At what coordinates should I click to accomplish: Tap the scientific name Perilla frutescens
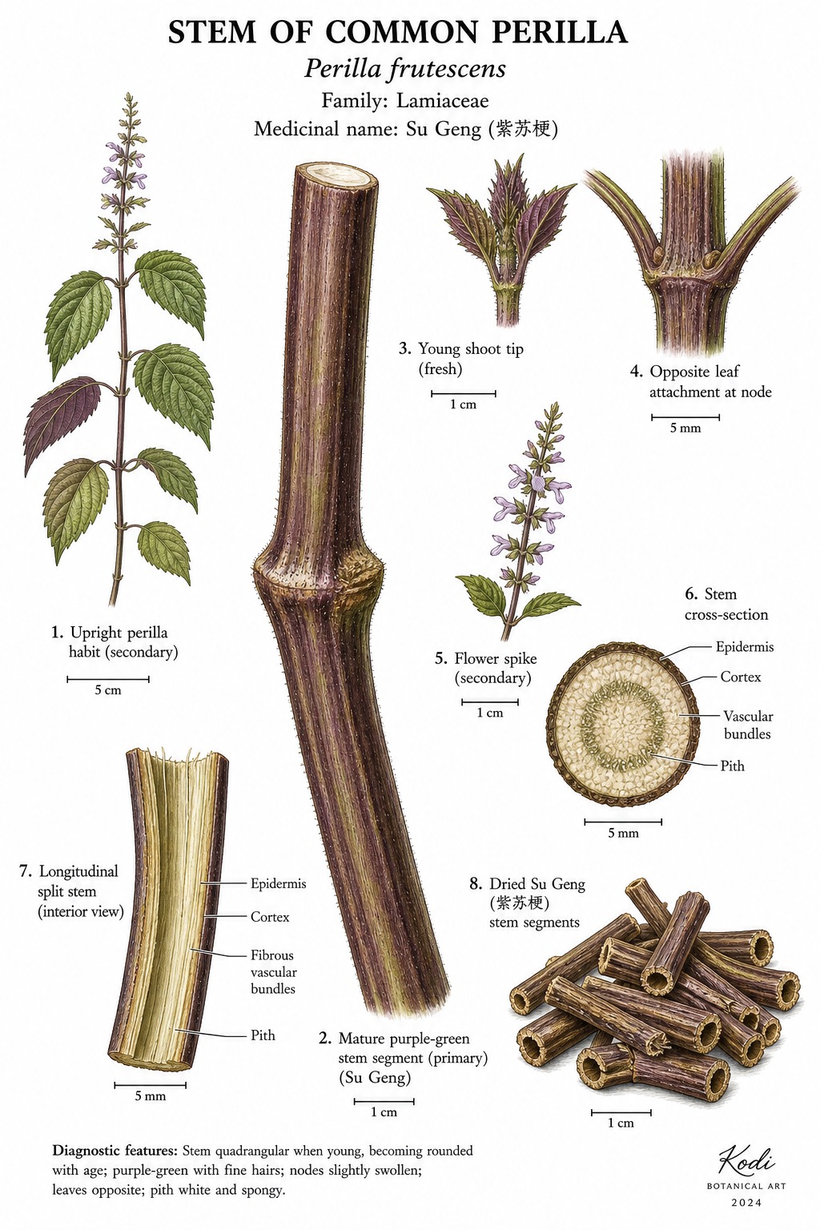[404, 70]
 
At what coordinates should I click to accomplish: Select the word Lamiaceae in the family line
[442, 101]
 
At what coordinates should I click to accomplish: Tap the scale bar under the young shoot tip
[464, 393]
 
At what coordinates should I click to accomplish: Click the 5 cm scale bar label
[107, 690]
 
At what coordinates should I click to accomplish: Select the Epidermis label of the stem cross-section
[744, 647]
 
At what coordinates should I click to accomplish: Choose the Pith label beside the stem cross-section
[732, 766]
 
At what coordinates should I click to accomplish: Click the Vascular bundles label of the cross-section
[747, 725]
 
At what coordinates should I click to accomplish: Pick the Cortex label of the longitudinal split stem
[270, 916]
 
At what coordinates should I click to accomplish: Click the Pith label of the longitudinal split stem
[263, 1035]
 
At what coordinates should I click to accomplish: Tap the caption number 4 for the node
[636, 372]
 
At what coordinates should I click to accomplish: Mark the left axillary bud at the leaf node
[658, 254]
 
